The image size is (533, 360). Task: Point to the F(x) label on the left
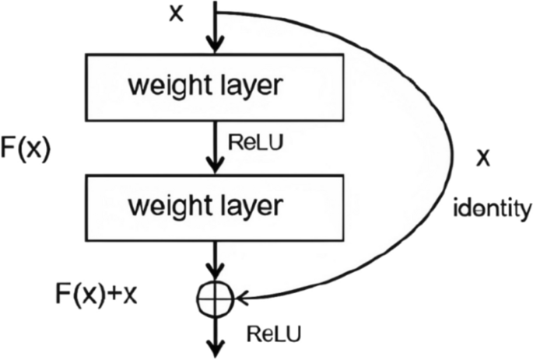coord(26,149)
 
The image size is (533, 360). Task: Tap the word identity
coord(492,209)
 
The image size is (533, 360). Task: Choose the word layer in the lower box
coord(250,207)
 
